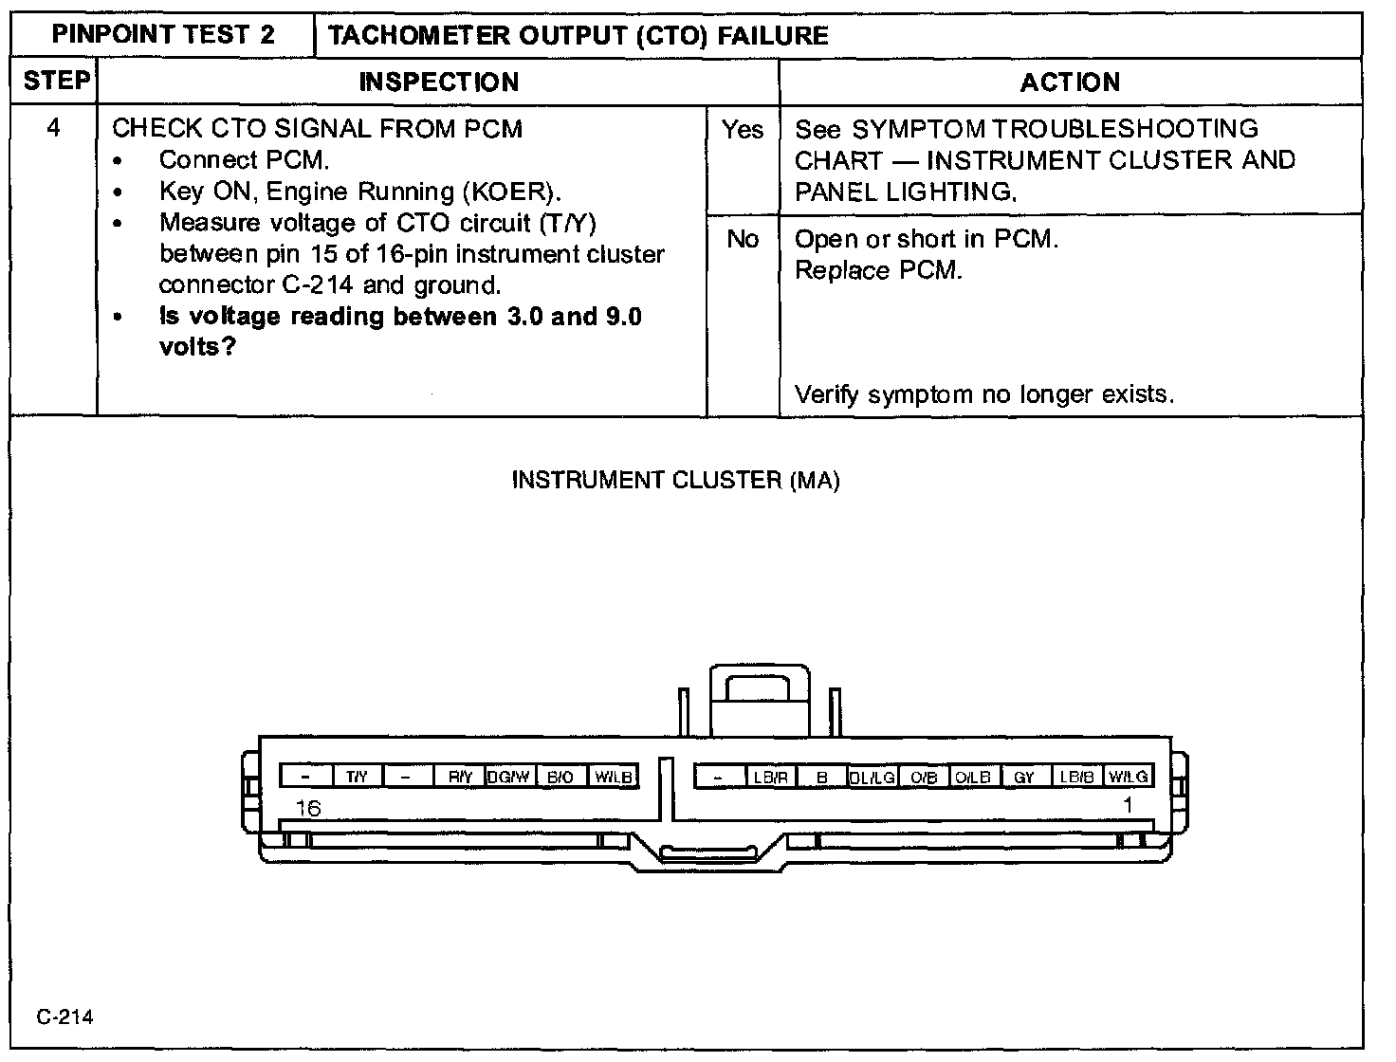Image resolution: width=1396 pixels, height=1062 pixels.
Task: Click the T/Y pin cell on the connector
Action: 357,777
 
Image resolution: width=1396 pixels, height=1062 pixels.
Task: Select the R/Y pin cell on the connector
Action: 460,777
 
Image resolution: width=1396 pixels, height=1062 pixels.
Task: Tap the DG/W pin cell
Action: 509,777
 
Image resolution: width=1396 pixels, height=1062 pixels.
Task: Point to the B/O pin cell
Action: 560,777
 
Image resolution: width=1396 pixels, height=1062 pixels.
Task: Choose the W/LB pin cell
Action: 613,777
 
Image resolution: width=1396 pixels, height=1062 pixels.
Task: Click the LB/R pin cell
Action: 771,777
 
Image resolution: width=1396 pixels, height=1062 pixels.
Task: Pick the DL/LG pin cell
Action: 872,777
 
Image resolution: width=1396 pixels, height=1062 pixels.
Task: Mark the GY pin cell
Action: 1024,777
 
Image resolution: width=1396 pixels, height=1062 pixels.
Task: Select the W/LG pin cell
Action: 1129,777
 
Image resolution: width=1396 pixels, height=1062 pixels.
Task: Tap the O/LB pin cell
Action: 973,777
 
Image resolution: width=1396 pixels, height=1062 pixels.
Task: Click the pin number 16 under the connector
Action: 308,808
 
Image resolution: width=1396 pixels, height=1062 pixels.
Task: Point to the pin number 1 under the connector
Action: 1128,806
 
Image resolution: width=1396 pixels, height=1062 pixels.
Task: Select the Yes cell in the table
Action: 743,130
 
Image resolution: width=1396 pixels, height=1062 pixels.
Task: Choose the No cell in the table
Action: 743,240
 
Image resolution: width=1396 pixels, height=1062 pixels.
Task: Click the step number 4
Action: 54,128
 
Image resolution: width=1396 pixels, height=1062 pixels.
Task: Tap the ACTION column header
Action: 1070,82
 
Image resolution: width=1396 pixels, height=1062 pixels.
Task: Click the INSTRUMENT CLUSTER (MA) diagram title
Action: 675,480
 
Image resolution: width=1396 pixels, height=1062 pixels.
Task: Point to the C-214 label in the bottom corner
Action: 65,1017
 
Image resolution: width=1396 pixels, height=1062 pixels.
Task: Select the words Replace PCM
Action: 878,270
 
